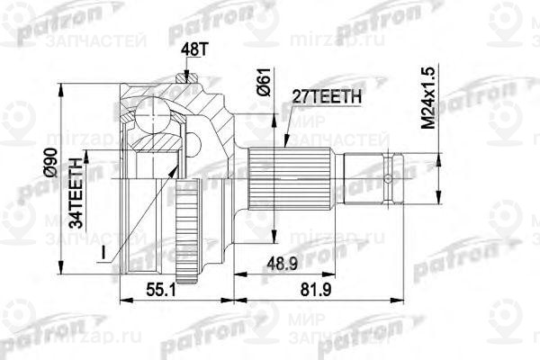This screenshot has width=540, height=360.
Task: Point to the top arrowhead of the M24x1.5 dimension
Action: click(x=439, y=154)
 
